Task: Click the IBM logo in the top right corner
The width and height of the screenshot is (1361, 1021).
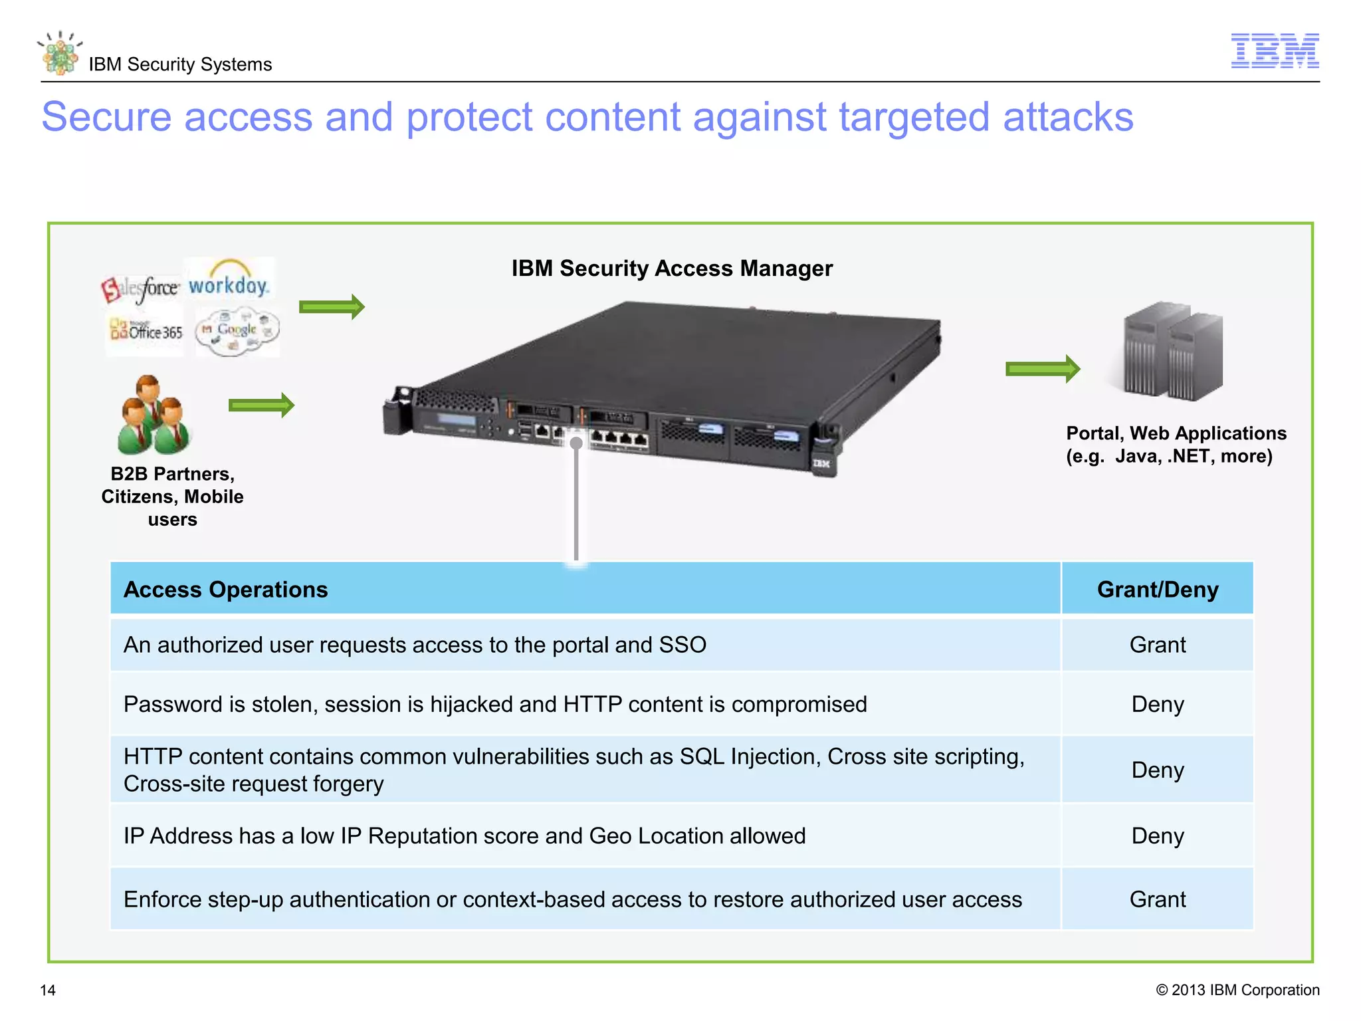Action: click(x=1275, y=51)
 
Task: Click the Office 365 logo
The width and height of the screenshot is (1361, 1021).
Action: click(x=146, y=330)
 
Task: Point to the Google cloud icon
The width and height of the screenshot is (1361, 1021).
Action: click(x=237, y=330)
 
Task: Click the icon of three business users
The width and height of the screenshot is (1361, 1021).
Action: click(x=154, y=415)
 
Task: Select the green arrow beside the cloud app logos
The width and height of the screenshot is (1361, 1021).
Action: click(x=332, y=306)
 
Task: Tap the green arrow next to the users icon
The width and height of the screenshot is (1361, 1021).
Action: click(x=261, y=405)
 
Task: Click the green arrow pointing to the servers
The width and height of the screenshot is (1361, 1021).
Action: click(x=1042, y=369)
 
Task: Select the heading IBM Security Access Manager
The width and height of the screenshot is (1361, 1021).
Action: click(x=671, y=269)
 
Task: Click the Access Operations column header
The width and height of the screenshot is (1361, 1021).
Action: click(x=226, y=590)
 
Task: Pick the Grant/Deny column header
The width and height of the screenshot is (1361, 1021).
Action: click(x=1157, y=590)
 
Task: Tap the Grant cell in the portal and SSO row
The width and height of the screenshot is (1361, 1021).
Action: click(x=1157, y=645)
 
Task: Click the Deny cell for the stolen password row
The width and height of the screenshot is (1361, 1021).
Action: click(x=1157, y=704)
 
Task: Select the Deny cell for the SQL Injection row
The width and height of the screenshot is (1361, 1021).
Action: click(x=1157, y=770)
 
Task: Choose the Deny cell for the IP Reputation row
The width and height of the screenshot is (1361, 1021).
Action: click(x=1157, y=836)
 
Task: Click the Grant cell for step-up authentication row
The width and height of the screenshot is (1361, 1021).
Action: click(x=1157, y=899)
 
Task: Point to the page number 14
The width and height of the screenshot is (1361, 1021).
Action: click(x=48, y=990)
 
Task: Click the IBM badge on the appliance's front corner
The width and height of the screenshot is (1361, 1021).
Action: click(x=821, y=463)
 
